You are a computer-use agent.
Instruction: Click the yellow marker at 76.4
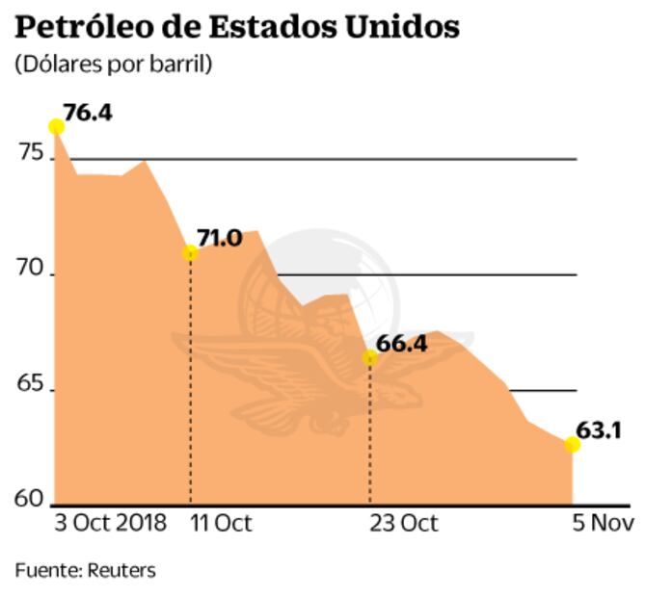click(x=56, y=126)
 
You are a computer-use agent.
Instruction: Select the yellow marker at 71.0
click(x=190, y=253)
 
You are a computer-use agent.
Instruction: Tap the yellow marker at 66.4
click(x=369, y=357)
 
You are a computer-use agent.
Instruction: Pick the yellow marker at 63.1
click(x=573, y=444)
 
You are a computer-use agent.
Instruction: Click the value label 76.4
click(x=89, y=113)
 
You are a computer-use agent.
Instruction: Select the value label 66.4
click(x=402, y=343)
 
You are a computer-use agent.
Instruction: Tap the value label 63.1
click(x=599, y=429)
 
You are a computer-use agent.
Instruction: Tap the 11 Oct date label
click(x=221, y=524)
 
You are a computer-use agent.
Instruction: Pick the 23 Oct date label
click(x=402, y=524)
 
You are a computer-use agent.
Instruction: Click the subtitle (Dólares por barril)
click(x=114, y=65)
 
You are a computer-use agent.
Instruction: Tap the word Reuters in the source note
click(x=121, y=570)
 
